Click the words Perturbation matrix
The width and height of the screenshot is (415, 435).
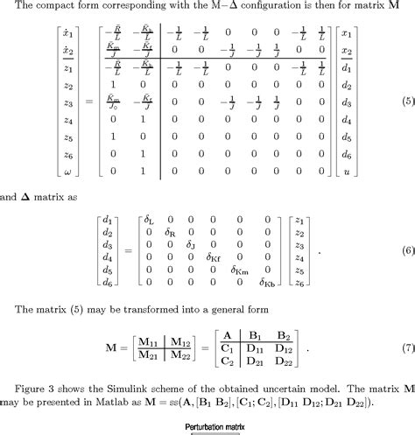pos(207,428)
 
